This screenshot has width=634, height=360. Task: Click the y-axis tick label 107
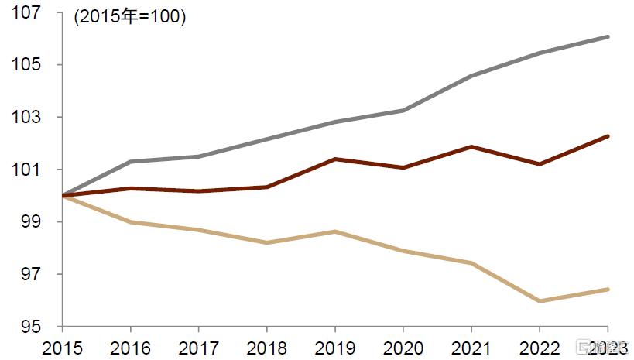[x=26, y=12]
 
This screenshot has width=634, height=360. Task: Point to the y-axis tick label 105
[x=26, y=65]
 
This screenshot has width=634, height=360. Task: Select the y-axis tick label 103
[x=26, y=118]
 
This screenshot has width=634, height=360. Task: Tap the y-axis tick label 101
[x=26, y=170]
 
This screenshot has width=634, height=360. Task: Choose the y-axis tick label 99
[x=31, y=222]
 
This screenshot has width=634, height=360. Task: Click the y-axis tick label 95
[x=31, y=327]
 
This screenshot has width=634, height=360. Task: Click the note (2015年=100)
[x=129, y=17]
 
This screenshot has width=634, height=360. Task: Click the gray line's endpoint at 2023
[x=608, y=36]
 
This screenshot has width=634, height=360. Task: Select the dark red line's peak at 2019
[x=335, y=159]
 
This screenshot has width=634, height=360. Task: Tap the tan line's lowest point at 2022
[x=540, y=301]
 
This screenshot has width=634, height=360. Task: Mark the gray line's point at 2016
[x=131, y=161]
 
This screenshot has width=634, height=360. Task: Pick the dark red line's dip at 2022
[x=540, y=164]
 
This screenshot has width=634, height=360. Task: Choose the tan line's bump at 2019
[x=335, y=231]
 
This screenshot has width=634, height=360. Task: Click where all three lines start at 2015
[x=63, y=196]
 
